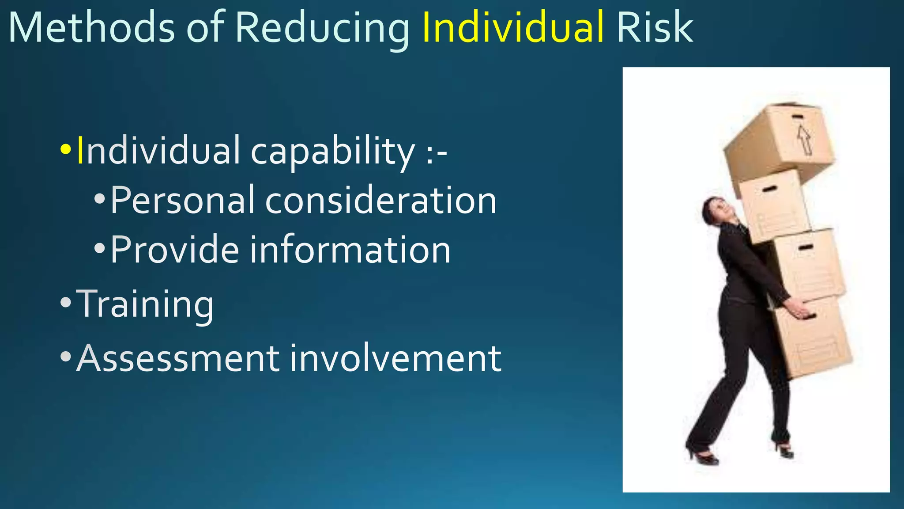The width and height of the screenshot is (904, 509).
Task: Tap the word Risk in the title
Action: click(x=655, y=27)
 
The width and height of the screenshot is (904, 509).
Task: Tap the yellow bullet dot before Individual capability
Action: click(x=65, y=149)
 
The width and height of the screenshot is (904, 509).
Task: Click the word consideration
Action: click(x=380, y=200)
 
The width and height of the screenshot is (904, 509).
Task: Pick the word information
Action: click(x=350, y=250)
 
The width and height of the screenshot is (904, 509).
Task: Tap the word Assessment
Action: click(x=177, y=358)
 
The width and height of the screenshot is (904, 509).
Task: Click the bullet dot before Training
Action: click(x=65, y=303)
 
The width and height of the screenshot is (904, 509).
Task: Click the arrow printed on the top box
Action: click(x=805, y=139)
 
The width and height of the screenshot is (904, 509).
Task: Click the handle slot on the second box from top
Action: click(x=769, y=189)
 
